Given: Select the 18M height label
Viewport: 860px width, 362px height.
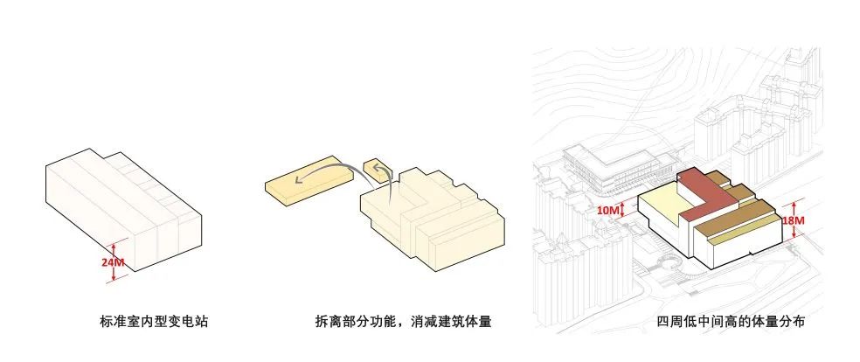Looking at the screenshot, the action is (x=794, y=221).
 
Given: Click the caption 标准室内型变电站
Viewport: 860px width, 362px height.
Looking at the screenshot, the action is (x=155, y=322).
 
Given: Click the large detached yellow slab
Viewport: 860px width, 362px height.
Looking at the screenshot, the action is (x=310, y=184).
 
